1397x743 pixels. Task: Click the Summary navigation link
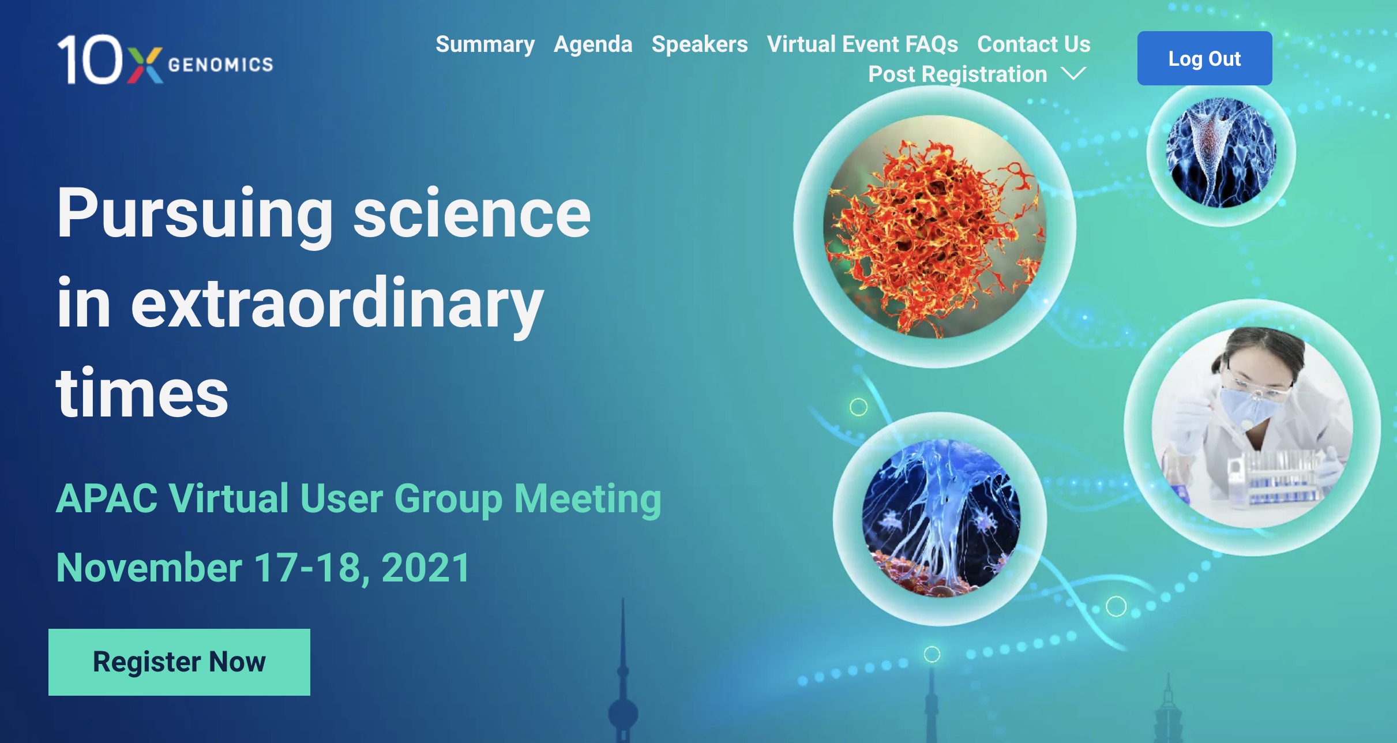click(485, 45)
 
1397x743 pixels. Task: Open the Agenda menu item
click(593, 45)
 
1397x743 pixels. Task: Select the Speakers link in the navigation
click(700, 45)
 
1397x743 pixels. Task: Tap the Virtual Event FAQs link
click(862, 44)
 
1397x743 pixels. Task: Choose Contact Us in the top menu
click(1034, 44)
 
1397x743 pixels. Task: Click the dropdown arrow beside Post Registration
click(1073, 74)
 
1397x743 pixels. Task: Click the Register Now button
click(179, 662)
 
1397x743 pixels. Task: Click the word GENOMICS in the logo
click(220, 64)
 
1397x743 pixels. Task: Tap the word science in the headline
click(472, 213)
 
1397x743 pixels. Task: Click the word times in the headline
click(142, 393)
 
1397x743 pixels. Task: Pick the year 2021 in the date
click(426, 568)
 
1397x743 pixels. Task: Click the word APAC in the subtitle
click(107, 498)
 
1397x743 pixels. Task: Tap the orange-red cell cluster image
click(935, 227)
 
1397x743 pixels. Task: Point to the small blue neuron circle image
click(1221, 153)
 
